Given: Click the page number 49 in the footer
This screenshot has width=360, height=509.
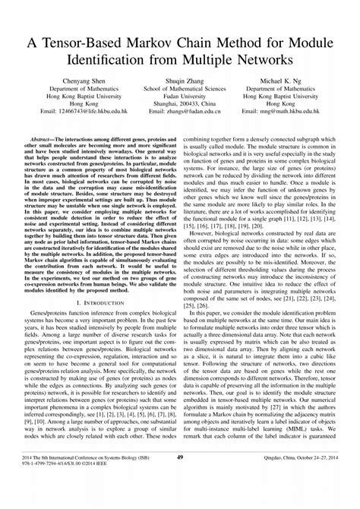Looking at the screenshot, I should coord(180,479).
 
